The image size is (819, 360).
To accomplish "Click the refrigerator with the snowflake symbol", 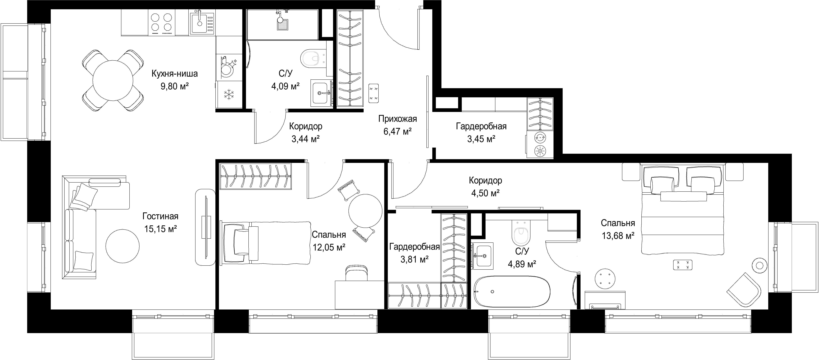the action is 228,94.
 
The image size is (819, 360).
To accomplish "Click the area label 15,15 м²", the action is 161,229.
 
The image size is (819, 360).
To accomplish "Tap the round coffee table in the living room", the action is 122,246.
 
